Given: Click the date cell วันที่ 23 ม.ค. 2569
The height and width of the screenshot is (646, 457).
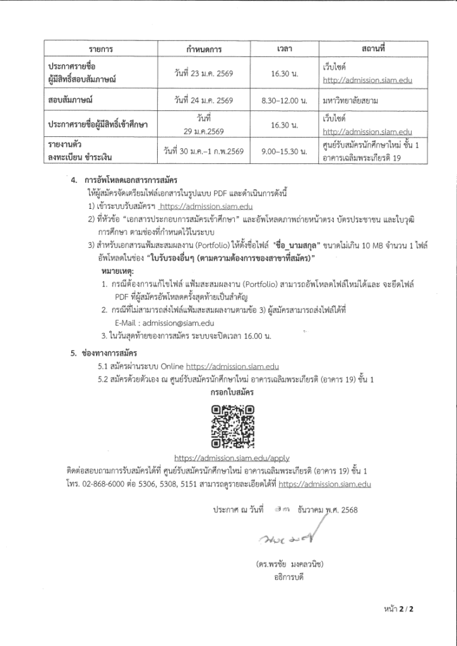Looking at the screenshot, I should [x=204, y=73].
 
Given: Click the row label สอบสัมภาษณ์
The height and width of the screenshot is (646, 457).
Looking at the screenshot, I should [x=70, y=100].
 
